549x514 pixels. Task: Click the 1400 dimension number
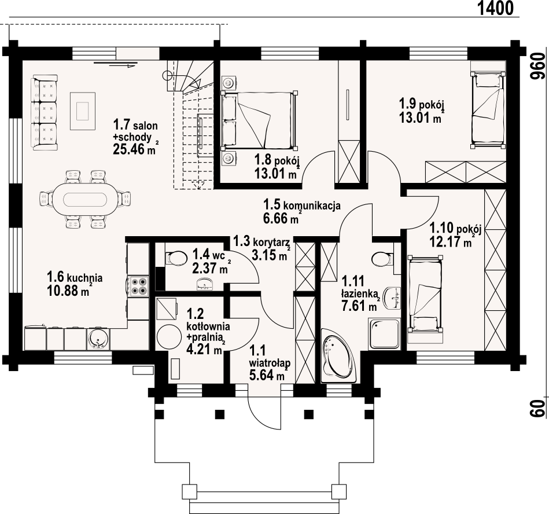[x=496, y=8]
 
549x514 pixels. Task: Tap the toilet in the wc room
[x=173, y=258]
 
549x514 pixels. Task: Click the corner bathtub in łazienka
[x=338, y=356]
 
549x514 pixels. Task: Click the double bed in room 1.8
[x=259, y=121]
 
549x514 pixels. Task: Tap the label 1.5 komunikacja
[x=301, y=205]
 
